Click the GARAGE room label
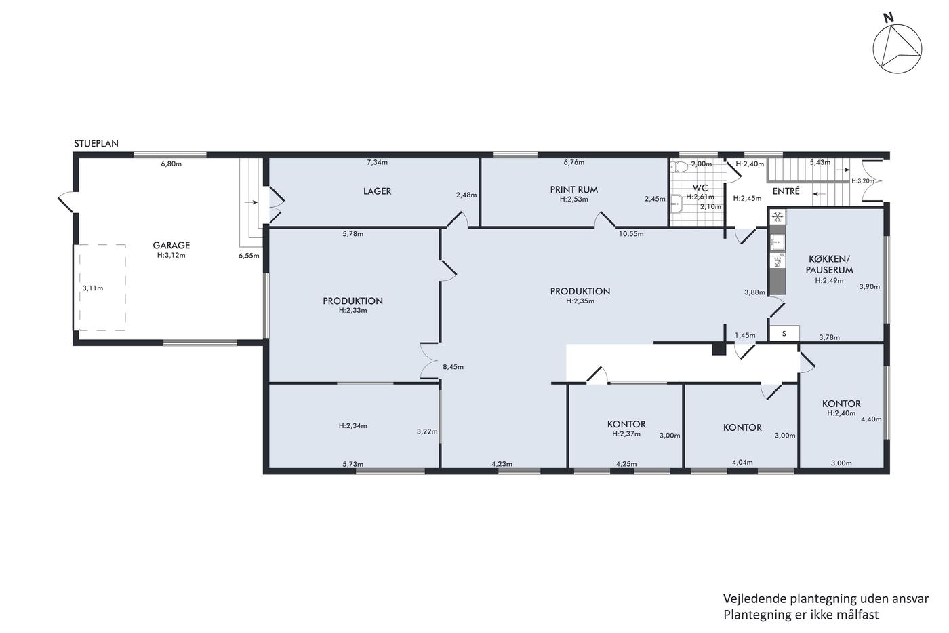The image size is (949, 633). [x=171, y=245]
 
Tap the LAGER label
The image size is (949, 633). [x=377, y=191]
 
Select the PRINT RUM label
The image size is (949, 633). [x=574, y=189]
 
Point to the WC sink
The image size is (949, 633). [x=677, y=204]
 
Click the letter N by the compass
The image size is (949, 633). [x=889, y=18]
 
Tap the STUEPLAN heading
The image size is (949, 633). [x=96, y=143]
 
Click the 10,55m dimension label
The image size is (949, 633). [x=631, y=233]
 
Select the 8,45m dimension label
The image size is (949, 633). [x=453, y=367]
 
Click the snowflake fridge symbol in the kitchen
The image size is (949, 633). [x=777, y=217]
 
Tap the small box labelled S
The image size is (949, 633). [x=784, y=334]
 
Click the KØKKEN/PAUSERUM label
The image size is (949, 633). [x=829, y=264]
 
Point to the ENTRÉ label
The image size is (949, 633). [x=786, y=191]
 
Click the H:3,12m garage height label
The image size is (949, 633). [x=171, y=255]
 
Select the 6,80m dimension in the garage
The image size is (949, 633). [x=171, y=164]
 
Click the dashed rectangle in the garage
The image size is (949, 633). [x=100, y=245]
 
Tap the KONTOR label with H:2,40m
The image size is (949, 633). [x=841, y=404]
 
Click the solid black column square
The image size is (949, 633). [x=719, y=349]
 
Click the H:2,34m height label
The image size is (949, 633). [x=353, y=425]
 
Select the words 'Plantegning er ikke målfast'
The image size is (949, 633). [x=801, y=615]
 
